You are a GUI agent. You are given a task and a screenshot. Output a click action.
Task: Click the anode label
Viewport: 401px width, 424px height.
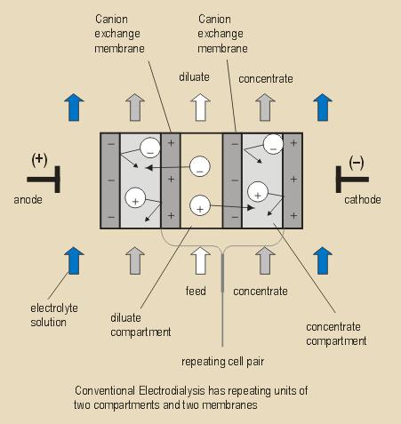click(x=28, y=200)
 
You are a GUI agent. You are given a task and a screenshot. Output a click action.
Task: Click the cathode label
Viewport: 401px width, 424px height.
click(x=363, y=200)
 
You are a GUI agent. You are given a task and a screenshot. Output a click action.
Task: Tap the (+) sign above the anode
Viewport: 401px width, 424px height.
click(x=39, y=160)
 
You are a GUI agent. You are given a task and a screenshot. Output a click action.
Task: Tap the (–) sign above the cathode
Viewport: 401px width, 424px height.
click(x=357, y=163)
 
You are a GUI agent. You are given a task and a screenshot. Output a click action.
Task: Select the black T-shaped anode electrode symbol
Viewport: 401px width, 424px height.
click(x=57, y=180)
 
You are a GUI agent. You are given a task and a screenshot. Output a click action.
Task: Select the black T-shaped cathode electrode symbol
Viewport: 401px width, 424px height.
click(x=339, y=180)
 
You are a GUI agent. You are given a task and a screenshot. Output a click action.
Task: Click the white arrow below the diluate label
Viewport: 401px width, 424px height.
click(x=201, y=108)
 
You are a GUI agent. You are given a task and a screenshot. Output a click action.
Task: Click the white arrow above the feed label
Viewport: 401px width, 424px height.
click(x=201, y=260)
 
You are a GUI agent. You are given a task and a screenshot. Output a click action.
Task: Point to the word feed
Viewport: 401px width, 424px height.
click(x=196, y=291)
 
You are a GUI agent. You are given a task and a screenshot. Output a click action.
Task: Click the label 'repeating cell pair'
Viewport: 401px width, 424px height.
click(x=222, y=362)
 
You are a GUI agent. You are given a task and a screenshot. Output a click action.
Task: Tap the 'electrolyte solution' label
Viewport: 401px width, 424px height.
click(x=54, y=316)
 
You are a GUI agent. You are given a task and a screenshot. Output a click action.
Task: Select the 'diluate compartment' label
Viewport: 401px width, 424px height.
click(x=140, y=325)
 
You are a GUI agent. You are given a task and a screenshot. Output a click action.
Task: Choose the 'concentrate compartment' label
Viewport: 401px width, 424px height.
click(x=336, y=334)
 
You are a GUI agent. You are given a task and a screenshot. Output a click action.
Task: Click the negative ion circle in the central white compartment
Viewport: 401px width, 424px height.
click(x=200, y=166)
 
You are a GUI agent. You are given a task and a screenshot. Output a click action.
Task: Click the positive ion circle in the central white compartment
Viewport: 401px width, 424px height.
click(x=200, y=205)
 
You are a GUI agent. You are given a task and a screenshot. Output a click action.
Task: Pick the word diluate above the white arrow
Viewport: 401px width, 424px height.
click(x=194, y=77)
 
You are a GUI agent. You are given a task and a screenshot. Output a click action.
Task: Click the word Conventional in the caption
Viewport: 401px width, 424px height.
click(x=105, y=390)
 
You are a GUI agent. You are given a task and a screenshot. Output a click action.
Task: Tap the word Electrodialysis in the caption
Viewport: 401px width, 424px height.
click(x=172, y=391)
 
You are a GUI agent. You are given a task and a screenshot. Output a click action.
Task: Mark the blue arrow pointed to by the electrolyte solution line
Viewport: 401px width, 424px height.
click(x=74, y=260)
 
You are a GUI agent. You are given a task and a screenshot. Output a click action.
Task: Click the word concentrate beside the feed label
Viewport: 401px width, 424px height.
click(x=261, y=292)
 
